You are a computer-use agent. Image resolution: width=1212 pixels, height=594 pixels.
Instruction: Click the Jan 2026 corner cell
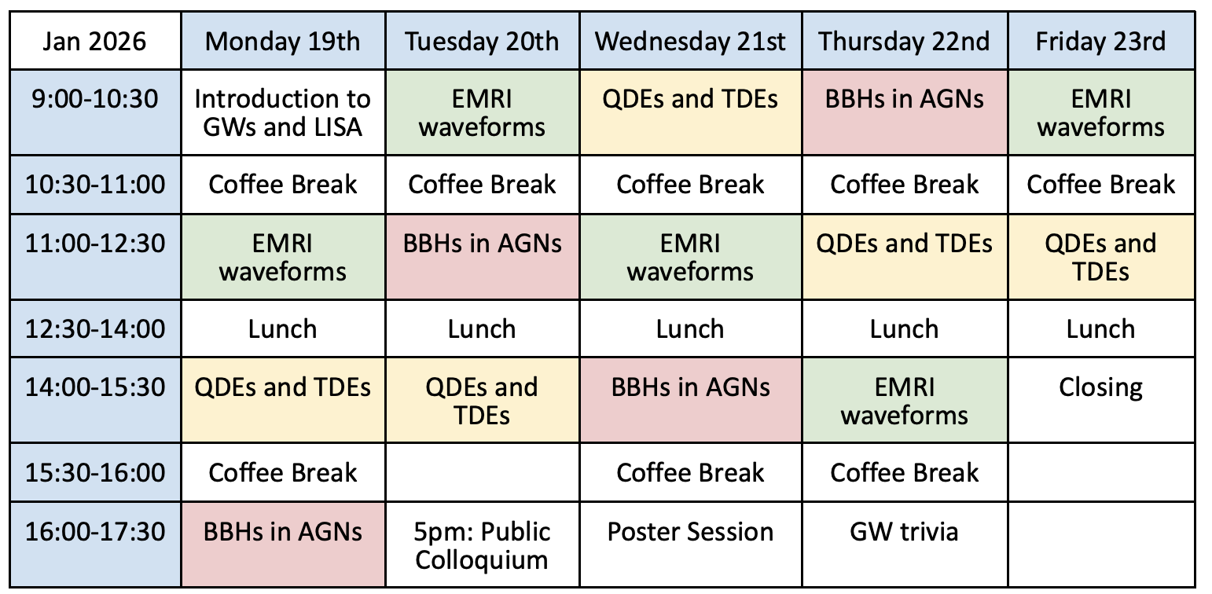point(95,41)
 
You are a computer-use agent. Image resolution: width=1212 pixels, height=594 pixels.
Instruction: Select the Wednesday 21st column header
point(690,41)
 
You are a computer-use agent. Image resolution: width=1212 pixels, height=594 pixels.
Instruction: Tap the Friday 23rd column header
point(1101,41)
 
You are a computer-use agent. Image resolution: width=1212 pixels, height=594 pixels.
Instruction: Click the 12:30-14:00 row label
point(95,328)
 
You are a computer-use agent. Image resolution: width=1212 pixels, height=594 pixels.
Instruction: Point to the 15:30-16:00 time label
point(95,472)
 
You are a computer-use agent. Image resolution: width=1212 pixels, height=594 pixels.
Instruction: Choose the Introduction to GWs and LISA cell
point(283,112)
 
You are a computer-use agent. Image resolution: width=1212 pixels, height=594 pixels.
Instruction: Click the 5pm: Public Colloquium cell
point(482,544)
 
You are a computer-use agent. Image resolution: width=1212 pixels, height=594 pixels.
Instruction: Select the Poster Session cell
point(690,544)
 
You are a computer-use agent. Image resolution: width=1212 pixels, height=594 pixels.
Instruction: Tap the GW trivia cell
point(905,544)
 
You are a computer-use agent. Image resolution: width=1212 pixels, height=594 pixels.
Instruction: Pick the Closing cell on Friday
point(1101,401)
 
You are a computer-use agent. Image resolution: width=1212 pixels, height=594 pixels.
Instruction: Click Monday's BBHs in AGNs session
point(283,544)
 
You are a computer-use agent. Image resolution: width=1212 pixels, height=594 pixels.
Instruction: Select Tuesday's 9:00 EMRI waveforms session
point(482,112)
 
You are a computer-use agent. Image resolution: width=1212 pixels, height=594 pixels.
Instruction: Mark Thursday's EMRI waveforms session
point(905,401)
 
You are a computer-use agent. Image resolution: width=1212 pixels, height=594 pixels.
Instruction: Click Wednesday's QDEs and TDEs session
point(690,112)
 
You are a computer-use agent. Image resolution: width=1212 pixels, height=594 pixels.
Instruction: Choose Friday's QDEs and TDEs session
point(1101,257)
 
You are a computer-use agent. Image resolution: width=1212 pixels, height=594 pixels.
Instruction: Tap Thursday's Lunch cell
point(905,328)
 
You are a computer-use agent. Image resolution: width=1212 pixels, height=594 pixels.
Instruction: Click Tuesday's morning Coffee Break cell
point(482,185)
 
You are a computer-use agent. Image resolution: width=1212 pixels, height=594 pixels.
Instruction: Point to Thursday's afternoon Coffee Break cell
point(905,472)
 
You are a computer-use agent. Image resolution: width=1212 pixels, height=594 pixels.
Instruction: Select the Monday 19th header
point(283,41)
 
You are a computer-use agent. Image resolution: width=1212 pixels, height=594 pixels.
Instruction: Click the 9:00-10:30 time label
point(95,112)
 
